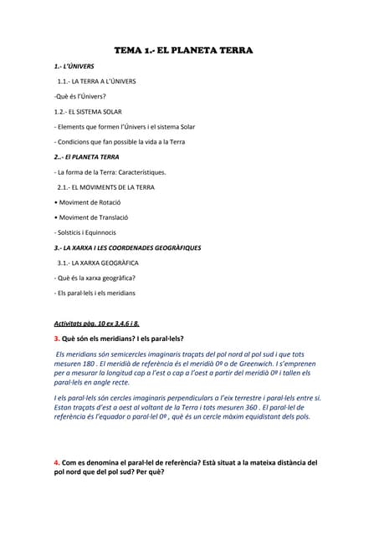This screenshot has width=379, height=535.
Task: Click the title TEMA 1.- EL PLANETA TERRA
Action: (188, 51)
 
